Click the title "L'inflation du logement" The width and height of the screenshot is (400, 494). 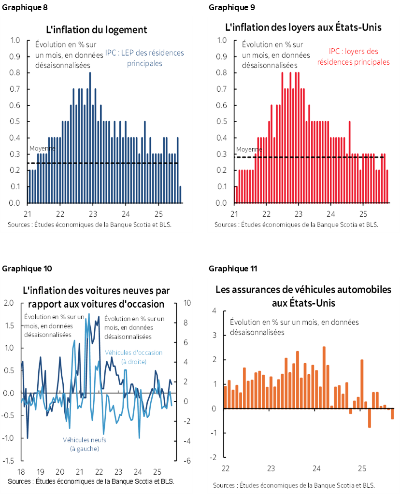tap(97, 30)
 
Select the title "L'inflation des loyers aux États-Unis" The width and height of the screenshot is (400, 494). tap(303, 27)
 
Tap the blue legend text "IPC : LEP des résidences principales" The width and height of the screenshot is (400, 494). tap(145, 58)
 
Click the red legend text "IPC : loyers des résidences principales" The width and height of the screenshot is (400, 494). tap(353, 56)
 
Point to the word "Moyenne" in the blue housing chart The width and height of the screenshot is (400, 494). tap(42, 149)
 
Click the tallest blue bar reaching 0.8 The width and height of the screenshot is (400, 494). tap(90, 138)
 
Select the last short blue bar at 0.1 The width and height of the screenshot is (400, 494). tap(180, 194)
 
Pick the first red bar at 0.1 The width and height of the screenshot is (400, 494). tap(236, 194)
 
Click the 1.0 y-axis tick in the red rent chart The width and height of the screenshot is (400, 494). tap(222, 40)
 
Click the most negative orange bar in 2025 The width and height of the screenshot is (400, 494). tap(370, 418)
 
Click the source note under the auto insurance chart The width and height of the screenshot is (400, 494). tap(293, 485)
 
